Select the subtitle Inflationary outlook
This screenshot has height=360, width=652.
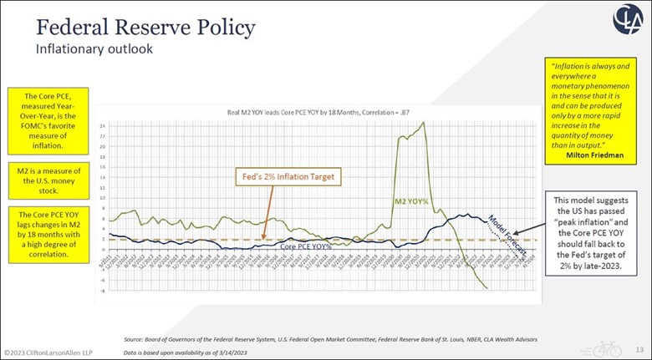click(x=94, y=49)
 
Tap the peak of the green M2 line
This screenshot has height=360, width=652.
click(x=424, y=123)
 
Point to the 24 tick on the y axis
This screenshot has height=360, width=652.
click(x=103, y=126)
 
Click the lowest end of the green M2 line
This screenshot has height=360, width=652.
click(x=487, y=288)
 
